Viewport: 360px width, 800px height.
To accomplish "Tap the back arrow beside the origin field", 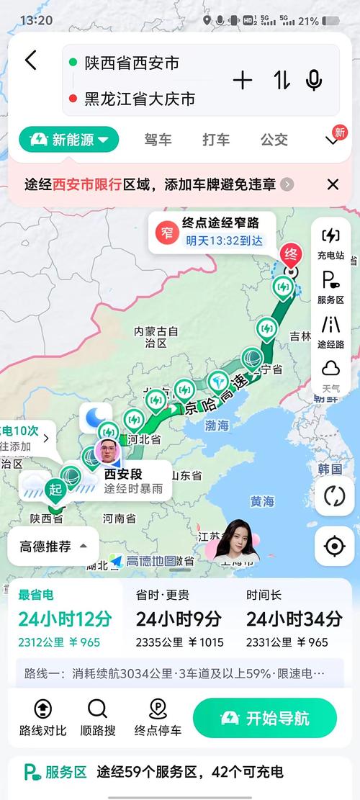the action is [x=30, y=60].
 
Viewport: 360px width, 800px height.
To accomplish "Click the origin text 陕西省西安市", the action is [x=132, y=63].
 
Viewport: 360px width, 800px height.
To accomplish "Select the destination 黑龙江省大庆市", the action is [x=140, y=99].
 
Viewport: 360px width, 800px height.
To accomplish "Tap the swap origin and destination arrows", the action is [x=282, y=81].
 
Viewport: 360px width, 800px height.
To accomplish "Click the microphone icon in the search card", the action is [x=314, y=81].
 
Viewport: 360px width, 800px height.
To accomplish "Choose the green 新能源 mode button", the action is [x=69, y=140].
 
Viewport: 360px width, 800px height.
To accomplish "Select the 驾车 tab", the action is [x=158, y=140].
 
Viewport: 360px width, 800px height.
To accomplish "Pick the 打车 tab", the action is [x=216, y=140].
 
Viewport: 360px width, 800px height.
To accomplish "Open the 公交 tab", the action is [x=274, y=140].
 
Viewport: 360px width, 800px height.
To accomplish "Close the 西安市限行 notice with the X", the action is [x=333, y=184].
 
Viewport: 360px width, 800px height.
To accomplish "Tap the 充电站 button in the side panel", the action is [x=330, y=243].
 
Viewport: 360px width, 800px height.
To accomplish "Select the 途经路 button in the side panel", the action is [x=330, y=332].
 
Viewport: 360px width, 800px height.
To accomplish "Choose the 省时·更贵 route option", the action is [x=179, y=618].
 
